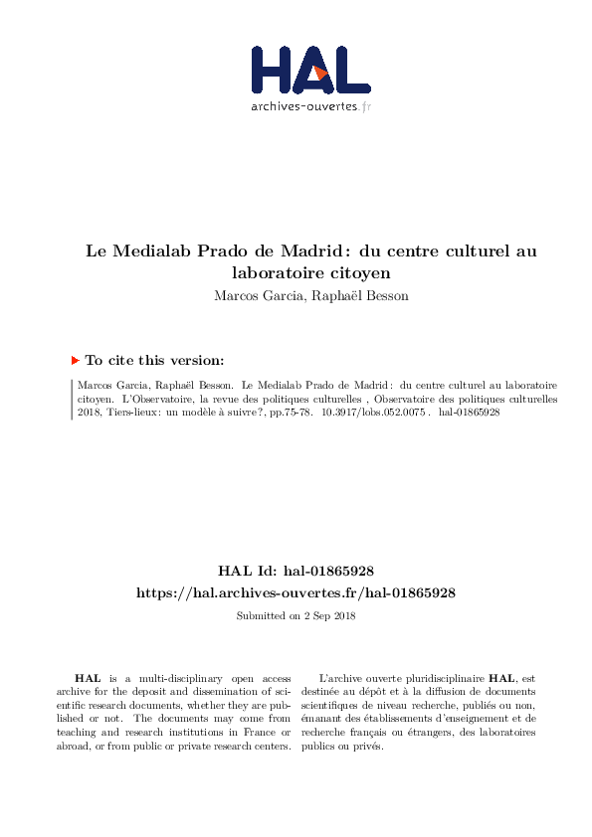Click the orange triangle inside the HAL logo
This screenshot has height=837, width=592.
click(x=319, y=73)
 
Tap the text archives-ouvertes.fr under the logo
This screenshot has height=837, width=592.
click(x=310, y=105)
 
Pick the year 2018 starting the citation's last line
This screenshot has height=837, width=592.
click(x=91, y=412)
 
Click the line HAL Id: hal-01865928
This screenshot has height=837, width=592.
click(x=296, y=572)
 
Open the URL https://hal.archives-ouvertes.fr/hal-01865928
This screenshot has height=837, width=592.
click(x=296, y=592)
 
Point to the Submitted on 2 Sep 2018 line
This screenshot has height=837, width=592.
click(x=296, y=616)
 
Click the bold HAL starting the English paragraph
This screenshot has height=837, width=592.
click(x=88, y=677)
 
